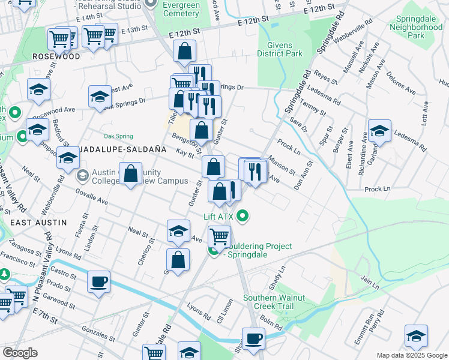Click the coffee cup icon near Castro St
98,281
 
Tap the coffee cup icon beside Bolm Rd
253,338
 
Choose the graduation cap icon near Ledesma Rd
379,130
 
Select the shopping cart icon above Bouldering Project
220,236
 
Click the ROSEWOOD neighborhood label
56,56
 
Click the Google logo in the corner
20,353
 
